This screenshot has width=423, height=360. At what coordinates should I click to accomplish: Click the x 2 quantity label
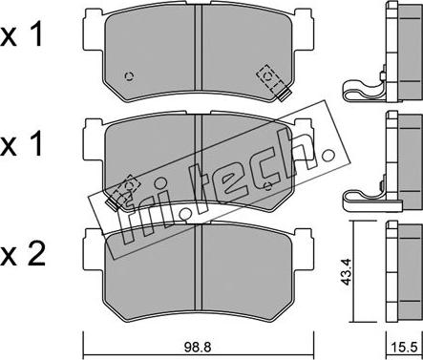(23, 255)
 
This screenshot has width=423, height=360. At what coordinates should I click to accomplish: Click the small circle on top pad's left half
(129, 76)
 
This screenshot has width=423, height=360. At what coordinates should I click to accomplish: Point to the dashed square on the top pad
(269, 78)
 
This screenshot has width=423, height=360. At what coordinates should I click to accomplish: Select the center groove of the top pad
(198, 48)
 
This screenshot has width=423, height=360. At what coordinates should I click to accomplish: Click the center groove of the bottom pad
(198, 267)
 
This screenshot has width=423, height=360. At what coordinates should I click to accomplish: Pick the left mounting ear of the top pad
(94, 30)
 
